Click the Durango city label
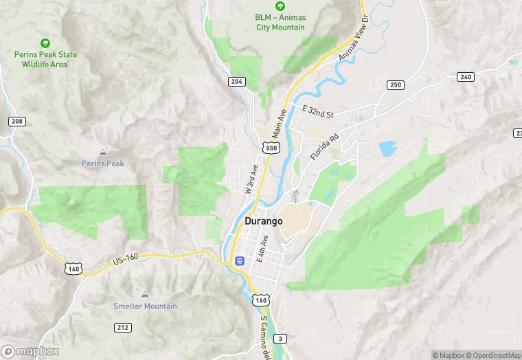coord(263,221)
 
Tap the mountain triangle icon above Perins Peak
coord(103,152)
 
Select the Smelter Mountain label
coord(145,306)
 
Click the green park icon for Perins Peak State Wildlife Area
coord(46,43)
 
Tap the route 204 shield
coord(236,81)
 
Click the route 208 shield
coord(17,121)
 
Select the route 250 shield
coord(395,85)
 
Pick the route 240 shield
coord(466,76)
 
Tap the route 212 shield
coord(123,327)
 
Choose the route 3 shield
coord(280,339)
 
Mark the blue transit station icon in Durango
coord(239,260)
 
